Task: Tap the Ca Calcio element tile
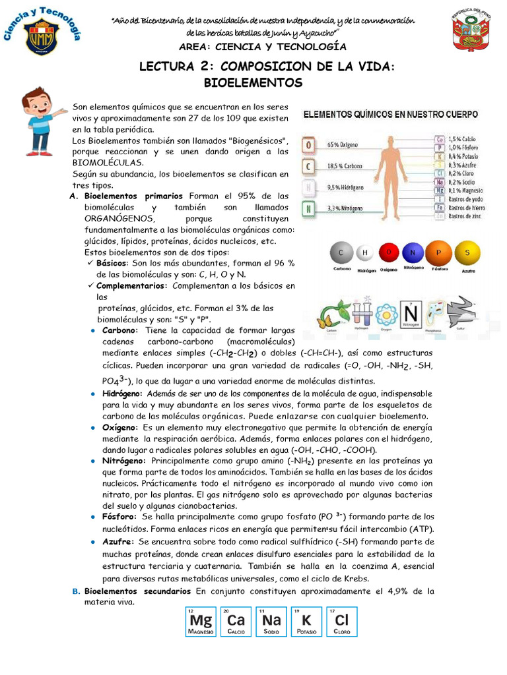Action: (236, 622)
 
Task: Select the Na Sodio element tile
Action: (271, 622)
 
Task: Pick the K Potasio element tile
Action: (306, 622)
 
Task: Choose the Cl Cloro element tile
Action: (341, 622)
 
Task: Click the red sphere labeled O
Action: (389, 252)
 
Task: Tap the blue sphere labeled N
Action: (413, 252)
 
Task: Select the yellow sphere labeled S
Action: (467, 252)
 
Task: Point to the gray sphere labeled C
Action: (341, 252)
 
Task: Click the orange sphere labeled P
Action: (438, 252)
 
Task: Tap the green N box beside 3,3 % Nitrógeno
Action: (307, 210)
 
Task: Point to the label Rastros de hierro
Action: (467, 206)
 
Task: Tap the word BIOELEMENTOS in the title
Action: (253, 83)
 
